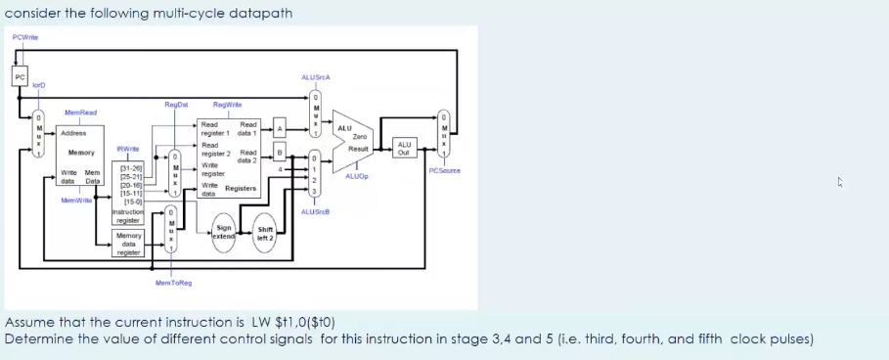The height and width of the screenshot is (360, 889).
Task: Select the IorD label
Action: (x=39, y=87)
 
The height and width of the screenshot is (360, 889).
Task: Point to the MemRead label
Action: (x=80, y=113)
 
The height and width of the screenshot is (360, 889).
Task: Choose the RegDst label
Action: (x=177, y=103)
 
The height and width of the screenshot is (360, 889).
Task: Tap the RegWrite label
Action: (x=227, y=103)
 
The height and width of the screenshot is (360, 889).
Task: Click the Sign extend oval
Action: (x=223, y=236)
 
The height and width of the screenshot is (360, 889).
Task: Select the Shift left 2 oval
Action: (x=264, y=234)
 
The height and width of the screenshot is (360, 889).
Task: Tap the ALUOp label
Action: (x=355, y=177)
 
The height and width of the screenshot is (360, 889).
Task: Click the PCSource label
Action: (x=445, y=170)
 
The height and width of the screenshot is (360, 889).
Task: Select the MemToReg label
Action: (x=173, y=282)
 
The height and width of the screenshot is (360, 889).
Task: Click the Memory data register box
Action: (x=128, y=245)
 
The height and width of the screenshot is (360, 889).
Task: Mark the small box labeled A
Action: (x=279, y=128)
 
